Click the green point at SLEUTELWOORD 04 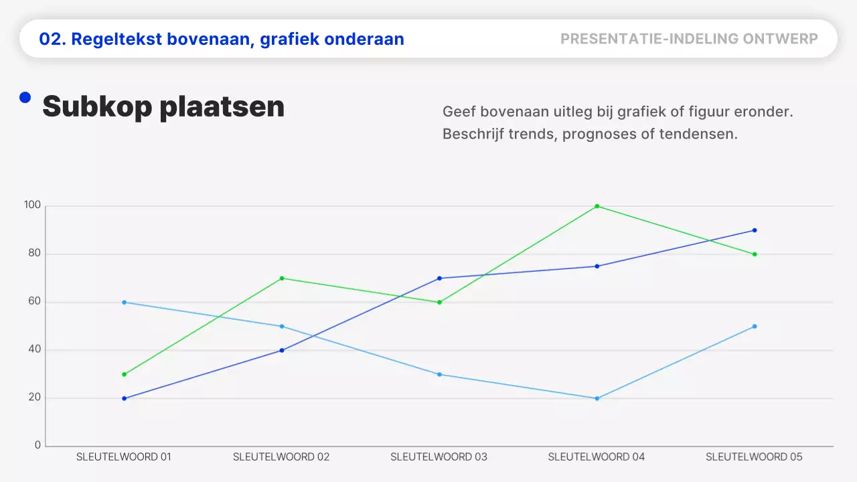(x=597, y=206)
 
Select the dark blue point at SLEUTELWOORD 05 (x=755, y=230)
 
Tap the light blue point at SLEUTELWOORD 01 (x=124, y=302)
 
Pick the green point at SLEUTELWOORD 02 (x=282, y=278)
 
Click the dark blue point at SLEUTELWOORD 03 (x=439, y=278)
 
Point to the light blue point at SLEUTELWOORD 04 (x=597, y=398)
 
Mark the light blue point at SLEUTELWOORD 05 (x=755, y=326)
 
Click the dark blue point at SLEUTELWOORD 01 (x=124, y=398)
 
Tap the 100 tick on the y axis (x=33, y=206)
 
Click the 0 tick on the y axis (x=37, y=445)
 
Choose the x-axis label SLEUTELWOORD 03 (x=439, y=457)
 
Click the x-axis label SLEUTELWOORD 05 (x=754, y=457)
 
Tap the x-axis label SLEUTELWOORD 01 (x=124, y=457)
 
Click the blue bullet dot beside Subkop (x=25, y=98)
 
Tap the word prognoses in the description (x=599, y=134)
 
